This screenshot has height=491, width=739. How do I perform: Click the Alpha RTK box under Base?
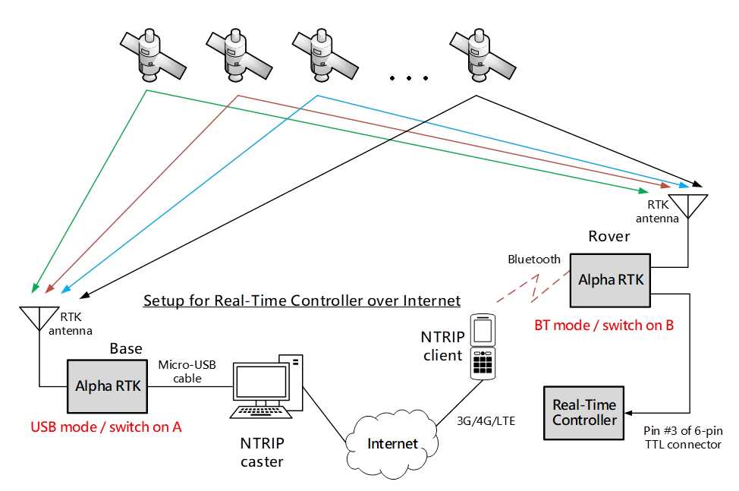pos(108,386)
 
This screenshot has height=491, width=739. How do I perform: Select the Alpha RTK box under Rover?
pos(611,279)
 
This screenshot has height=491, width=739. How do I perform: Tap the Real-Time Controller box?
pos(584,413)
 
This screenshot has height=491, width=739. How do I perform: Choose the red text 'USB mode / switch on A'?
pos(106,426)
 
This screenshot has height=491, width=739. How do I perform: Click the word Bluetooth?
pos(534,260)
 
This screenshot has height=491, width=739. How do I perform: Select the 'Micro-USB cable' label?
pos(187,371)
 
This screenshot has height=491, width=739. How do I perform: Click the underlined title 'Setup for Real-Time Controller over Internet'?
pos(302,301)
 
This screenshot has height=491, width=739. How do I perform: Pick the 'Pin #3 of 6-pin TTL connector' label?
pos(679,438)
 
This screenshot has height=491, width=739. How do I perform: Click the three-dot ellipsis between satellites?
pos(407,78)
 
